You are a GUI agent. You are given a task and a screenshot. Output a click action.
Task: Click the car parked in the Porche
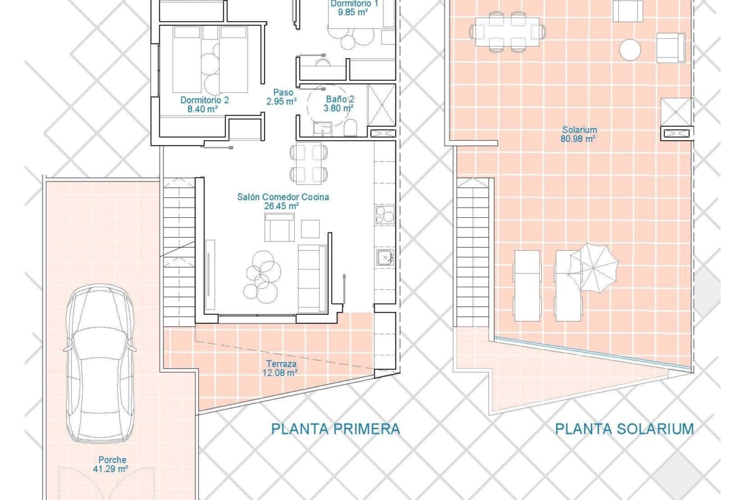99,364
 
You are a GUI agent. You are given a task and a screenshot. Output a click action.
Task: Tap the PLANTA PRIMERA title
336,429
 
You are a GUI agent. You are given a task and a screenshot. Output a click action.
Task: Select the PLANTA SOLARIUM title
624,429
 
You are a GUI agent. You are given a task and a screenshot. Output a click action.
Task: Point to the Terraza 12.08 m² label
281,368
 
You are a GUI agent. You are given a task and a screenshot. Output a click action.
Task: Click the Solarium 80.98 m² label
579,134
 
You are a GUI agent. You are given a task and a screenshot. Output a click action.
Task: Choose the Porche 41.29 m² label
112,464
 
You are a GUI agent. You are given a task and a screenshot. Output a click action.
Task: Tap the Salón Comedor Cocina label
283,197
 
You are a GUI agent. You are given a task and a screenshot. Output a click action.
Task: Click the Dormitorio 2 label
204,100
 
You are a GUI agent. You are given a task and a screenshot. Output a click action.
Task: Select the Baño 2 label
340,99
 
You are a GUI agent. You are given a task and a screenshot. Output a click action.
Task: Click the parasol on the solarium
594,268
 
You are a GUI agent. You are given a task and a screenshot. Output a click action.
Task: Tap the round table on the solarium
630,50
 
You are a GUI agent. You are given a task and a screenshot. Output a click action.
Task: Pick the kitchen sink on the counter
384,257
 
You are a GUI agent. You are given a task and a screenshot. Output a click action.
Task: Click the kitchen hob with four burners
385,215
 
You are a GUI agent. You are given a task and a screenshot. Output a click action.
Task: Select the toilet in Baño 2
351,127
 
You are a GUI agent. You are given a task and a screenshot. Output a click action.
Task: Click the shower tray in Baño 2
381,106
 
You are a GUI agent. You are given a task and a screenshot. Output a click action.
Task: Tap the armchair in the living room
279,227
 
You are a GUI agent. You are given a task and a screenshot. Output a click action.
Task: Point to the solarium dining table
508,32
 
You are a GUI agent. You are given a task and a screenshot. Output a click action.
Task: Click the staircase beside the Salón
179,252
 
